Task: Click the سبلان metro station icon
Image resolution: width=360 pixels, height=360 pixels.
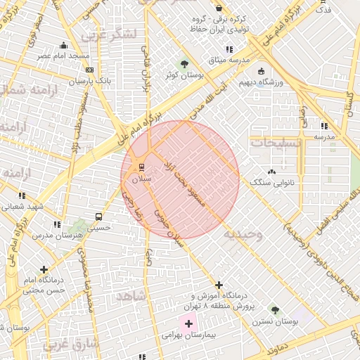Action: click(x=142, y=167)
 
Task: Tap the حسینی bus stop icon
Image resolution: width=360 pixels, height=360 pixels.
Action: click(x=98, y=217)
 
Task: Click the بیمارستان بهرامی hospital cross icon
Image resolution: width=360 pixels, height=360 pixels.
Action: click(x=188, y=324)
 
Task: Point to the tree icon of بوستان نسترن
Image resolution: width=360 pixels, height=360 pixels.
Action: click(x=275, y=310)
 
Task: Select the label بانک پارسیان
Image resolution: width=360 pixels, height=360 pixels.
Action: click(x=90, y=82)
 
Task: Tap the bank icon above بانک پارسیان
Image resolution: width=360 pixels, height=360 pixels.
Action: click(x=89, y=70)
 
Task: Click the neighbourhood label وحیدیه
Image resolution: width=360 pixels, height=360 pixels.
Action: click(x=243, y=234)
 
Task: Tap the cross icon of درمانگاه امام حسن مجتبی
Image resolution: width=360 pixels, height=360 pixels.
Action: click(x=44, y=269)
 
